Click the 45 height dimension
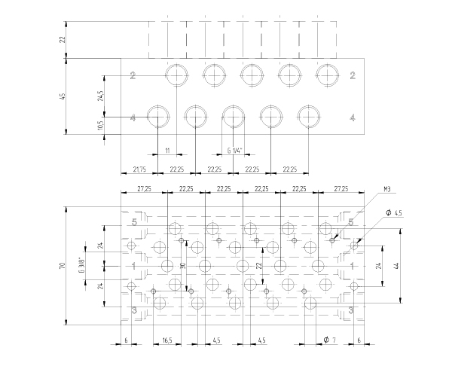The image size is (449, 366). [64, 96]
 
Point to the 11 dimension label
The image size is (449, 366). [167, 151]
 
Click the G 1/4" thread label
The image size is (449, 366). [234, 151]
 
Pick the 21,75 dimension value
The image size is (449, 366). [139, 169]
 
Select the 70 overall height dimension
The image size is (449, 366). [64, 264]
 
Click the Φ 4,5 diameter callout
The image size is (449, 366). [393, 213]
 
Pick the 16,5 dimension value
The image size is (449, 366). [167, 340]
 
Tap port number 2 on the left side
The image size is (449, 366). [132, 75]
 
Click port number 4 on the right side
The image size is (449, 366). [353, 117]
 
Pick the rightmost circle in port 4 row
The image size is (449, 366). [309, 117]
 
